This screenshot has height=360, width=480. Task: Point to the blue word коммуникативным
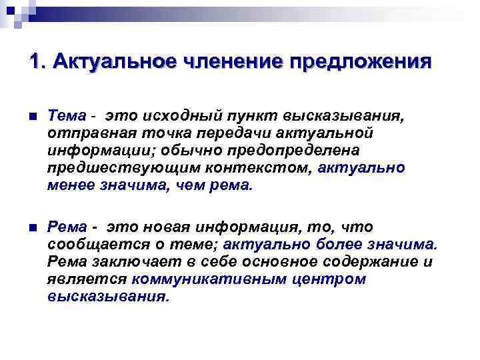tap(210, 279)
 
